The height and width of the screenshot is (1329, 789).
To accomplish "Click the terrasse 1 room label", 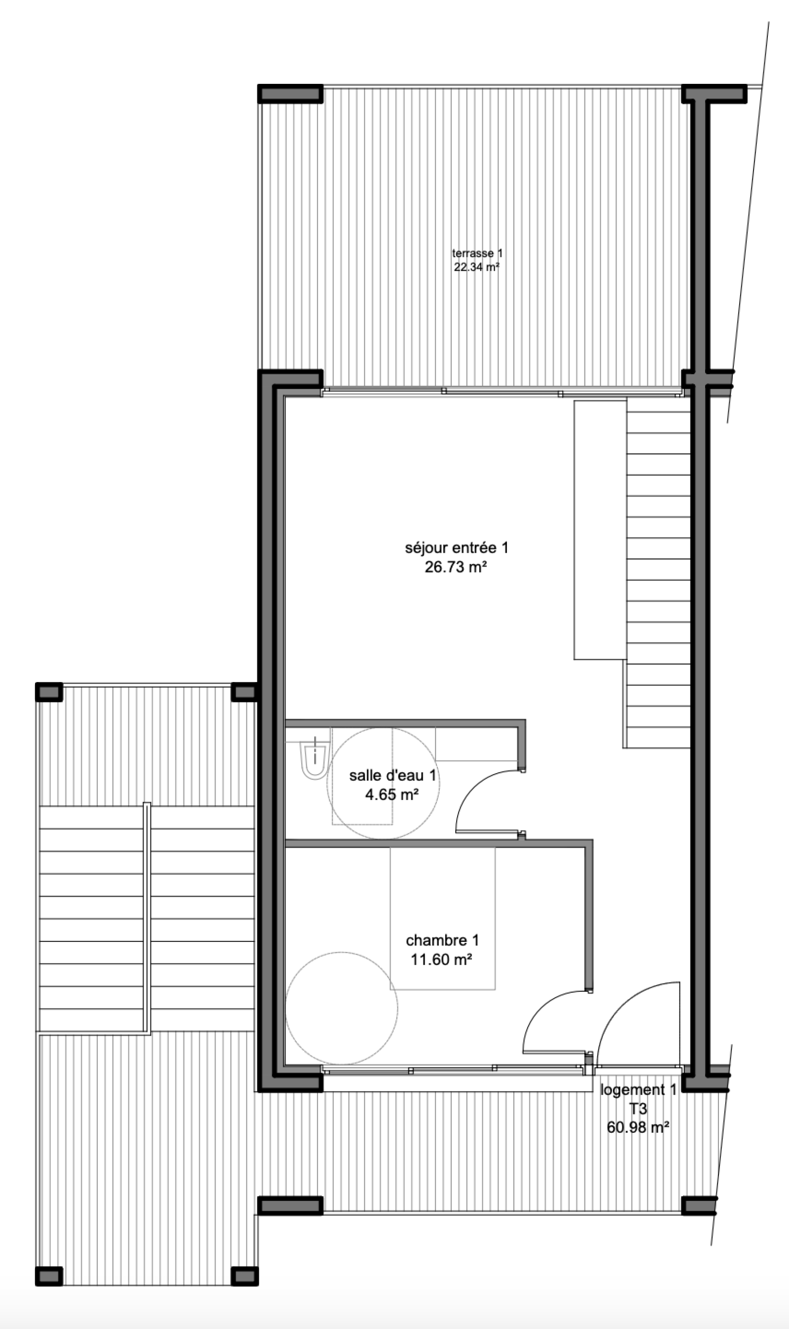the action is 477,253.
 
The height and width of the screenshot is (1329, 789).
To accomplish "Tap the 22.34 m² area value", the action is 476,267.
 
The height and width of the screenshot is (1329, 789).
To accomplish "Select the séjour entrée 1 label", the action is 457,547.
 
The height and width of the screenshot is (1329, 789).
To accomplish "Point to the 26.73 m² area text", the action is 456,567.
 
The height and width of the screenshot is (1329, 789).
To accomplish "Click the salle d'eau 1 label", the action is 393,776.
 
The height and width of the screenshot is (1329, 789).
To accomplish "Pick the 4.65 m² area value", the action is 392,795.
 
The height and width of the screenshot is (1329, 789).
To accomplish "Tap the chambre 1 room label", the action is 442,940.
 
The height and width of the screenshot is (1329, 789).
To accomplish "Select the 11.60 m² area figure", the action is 442,960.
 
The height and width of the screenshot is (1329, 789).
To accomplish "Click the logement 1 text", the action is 638,1090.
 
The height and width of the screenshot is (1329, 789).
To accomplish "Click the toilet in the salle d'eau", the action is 315,758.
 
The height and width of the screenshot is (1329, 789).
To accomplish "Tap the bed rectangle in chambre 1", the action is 442,919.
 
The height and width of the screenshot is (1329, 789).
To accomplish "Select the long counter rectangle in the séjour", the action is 600,530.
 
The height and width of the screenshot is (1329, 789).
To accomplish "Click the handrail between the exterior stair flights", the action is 147,918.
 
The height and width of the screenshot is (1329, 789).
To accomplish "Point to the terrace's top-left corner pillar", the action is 290,94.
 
